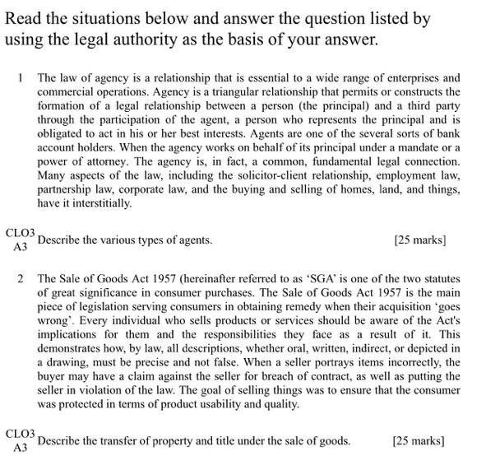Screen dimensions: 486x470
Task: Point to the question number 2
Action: pos(21,278)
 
